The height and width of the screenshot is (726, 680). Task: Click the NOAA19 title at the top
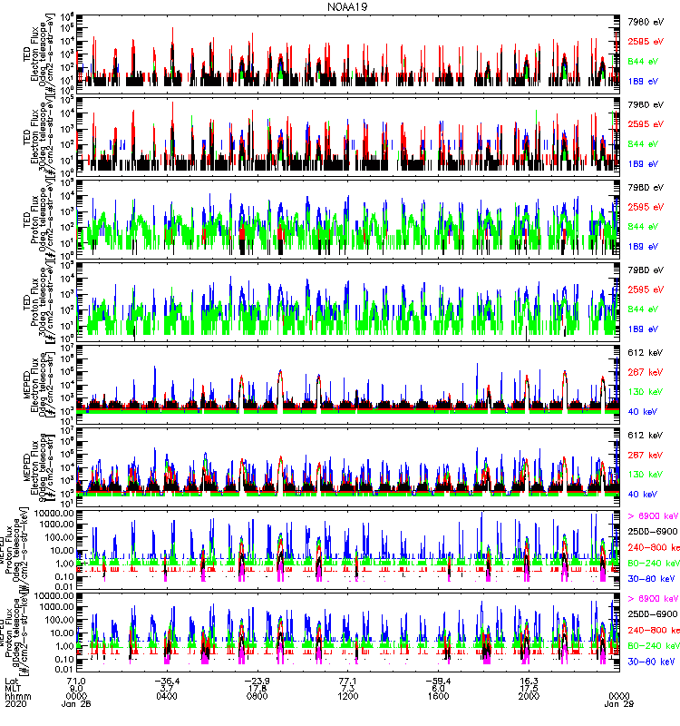(344, 6)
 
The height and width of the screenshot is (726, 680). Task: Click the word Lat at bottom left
(12, 678)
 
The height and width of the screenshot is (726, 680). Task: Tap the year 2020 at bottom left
(15, 703)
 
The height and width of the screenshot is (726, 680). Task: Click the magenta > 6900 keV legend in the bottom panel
(652, 599)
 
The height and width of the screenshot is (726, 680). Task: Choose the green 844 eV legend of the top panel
(642, 62)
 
